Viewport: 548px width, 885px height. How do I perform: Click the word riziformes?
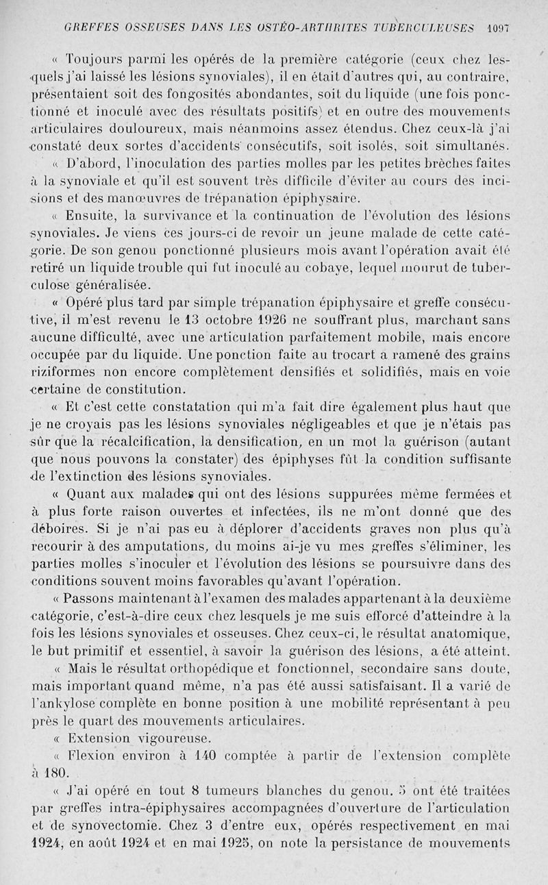62,372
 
